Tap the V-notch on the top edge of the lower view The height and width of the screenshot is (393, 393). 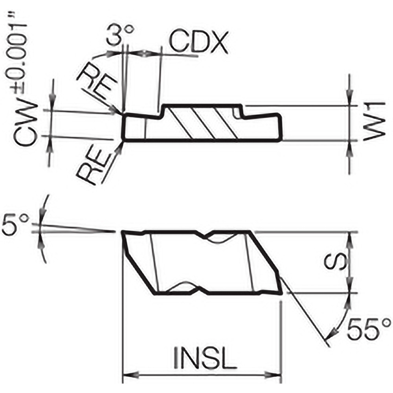[209, 236]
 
